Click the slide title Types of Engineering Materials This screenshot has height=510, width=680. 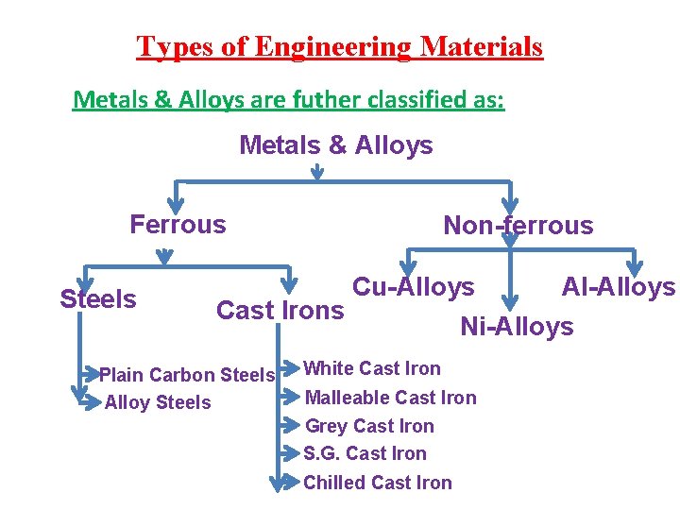340,46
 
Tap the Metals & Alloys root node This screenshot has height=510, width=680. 336,145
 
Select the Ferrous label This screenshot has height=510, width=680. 178,225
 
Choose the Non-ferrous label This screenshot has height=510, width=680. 518,226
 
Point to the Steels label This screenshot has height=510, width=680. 98,299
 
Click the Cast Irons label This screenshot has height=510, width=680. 280,310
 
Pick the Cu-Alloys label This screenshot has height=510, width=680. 413,286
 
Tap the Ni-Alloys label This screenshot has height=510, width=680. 517,327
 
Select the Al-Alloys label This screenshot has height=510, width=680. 619,286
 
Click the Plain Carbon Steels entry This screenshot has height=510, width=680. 187,375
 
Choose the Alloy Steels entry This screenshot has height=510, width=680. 158,403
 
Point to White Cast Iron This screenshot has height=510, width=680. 372,368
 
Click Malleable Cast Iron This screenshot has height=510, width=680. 391,398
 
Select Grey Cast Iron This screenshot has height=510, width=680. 369,426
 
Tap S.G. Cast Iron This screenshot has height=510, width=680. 365,453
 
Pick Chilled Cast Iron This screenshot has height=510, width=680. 378,483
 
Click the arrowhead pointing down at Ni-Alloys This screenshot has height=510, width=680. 510,302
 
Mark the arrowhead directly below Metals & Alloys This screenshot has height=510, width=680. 317,173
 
